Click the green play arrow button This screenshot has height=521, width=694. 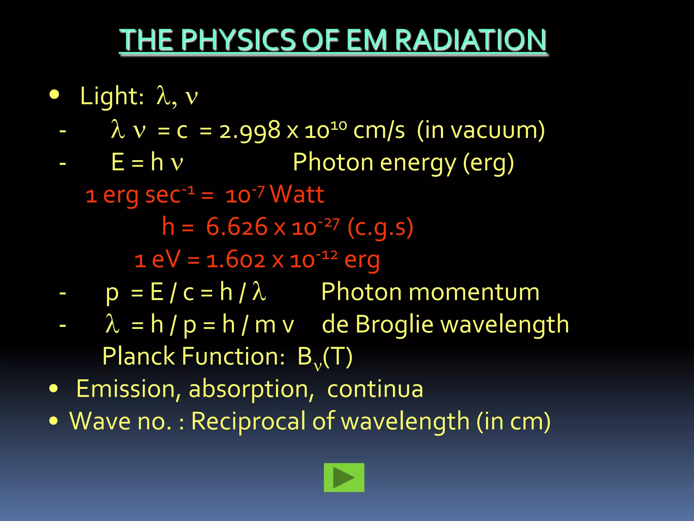344,477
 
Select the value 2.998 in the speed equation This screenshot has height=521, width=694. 250,131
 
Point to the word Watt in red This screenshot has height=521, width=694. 297,195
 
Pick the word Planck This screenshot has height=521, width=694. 138,356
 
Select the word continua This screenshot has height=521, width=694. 375,389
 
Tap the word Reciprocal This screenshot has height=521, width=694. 249,421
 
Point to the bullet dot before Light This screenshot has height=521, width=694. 54,95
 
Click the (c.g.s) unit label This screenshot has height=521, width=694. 380,227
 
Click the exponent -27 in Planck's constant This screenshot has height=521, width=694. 329,224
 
